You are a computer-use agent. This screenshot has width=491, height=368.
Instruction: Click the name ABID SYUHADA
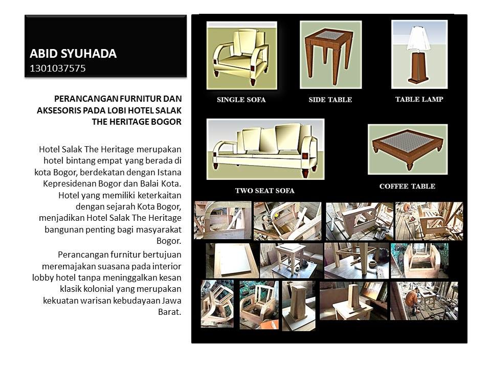tap(73, 54)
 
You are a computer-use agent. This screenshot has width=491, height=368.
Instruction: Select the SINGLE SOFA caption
tap(241, 100)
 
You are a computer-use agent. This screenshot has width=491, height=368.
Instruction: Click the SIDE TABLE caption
tap(330, 100)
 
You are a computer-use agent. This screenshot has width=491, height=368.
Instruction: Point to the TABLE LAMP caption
tap(419, 99)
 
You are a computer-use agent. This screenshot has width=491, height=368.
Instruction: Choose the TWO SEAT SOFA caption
tap(264, 191)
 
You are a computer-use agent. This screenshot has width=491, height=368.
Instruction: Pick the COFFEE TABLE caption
tap(407, 186)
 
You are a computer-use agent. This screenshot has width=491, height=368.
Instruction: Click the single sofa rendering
tap(241, 55)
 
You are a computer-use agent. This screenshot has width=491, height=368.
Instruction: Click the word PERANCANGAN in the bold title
tap(82, 98)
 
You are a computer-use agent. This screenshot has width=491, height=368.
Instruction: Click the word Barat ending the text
tap(170, 311)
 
